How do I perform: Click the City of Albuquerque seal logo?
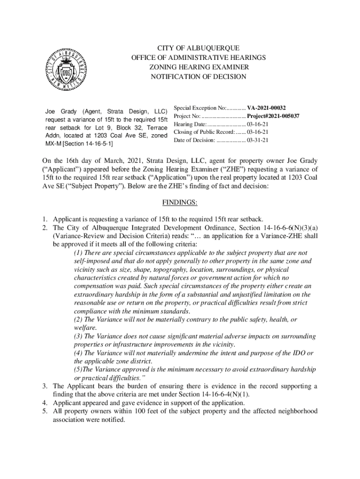coord(66,69)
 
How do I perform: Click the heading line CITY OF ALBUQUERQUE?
coord(198,48)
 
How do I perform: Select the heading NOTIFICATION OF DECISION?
coord(198,76)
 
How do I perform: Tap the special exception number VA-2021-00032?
coord(266,107)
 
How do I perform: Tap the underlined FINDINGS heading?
coord(180,203)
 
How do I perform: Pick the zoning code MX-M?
coord(53,142)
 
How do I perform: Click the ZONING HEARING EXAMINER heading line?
coord(198,67)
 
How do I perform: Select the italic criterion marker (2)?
coord(79,319)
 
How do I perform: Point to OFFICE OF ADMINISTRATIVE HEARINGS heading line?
coord(198,58)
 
